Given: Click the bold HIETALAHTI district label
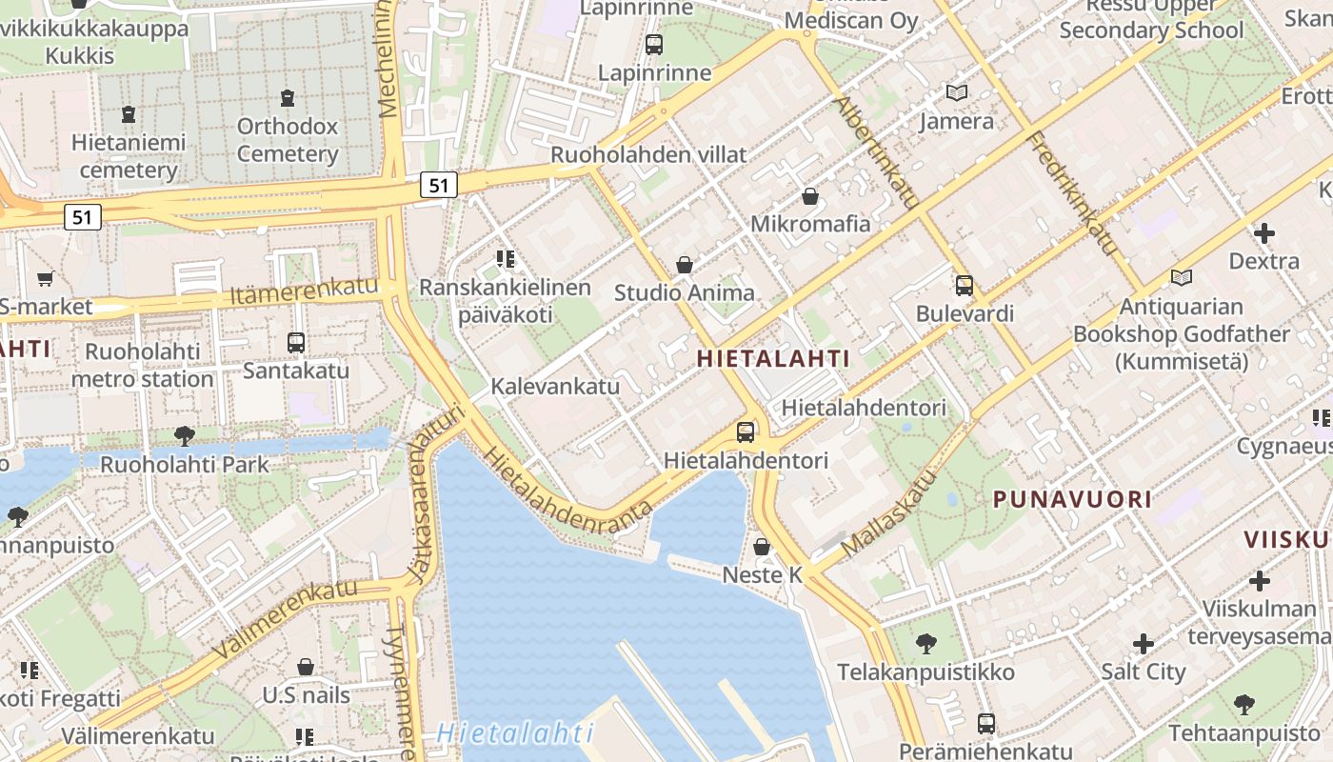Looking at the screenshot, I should [x=773, y=358].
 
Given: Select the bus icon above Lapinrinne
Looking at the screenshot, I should [x=654, y=44].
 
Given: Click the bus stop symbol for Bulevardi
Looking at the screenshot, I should [x=965, y=285].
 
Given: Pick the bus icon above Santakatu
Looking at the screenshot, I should [x=296, y=342].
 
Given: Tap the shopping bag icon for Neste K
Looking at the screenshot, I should [x=762, y=547].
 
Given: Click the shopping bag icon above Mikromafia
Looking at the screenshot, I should [x=810, y=196].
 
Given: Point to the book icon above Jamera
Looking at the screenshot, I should [x=957, y=93].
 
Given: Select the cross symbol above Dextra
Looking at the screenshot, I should [x=1264, y=232].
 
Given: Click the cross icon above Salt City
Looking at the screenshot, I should [x=1144, y=644].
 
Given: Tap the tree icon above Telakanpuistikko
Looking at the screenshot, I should [x=926, y=644].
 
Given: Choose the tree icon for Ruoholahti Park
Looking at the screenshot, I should [x=185, y=436].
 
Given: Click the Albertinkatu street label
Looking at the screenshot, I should [x=878, y=152].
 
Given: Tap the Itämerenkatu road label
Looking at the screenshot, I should [x=304, y=291].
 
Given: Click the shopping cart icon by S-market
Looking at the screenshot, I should [x=45, y=279].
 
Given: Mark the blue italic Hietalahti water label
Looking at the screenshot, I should [x=515, y=733].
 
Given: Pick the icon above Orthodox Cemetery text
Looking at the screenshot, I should [x=288, y=97].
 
